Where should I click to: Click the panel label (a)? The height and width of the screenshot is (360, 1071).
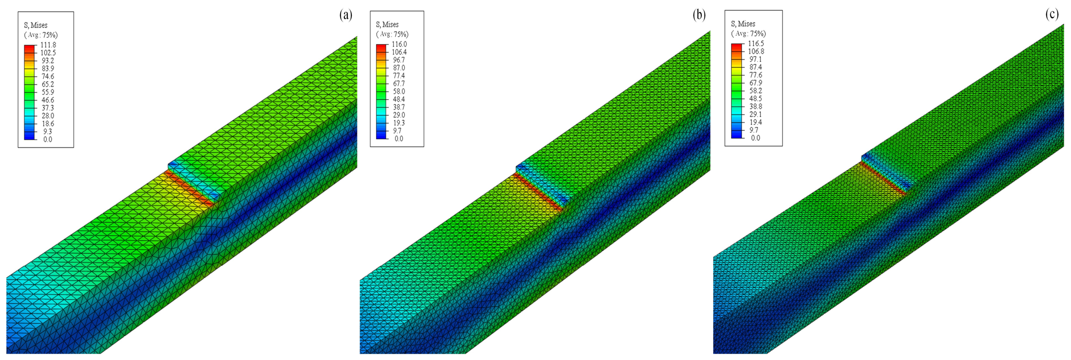pos(346,15)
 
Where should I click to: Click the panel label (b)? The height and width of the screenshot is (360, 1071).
pos(699,15)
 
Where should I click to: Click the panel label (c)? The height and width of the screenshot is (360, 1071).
pos(1052,14)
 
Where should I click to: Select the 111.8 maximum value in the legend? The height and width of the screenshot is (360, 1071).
pos(48,45)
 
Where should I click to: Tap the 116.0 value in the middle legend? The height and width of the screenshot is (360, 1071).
pos(399,44)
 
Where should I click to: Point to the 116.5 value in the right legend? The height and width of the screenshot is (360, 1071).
pos(756,43)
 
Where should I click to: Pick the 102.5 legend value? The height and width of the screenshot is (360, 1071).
pos(48,53)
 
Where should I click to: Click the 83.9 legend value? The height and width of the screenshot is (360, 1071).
pos(48,69)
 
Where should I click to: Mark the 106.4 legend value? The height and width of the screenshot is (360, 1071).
pos(399,52)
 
